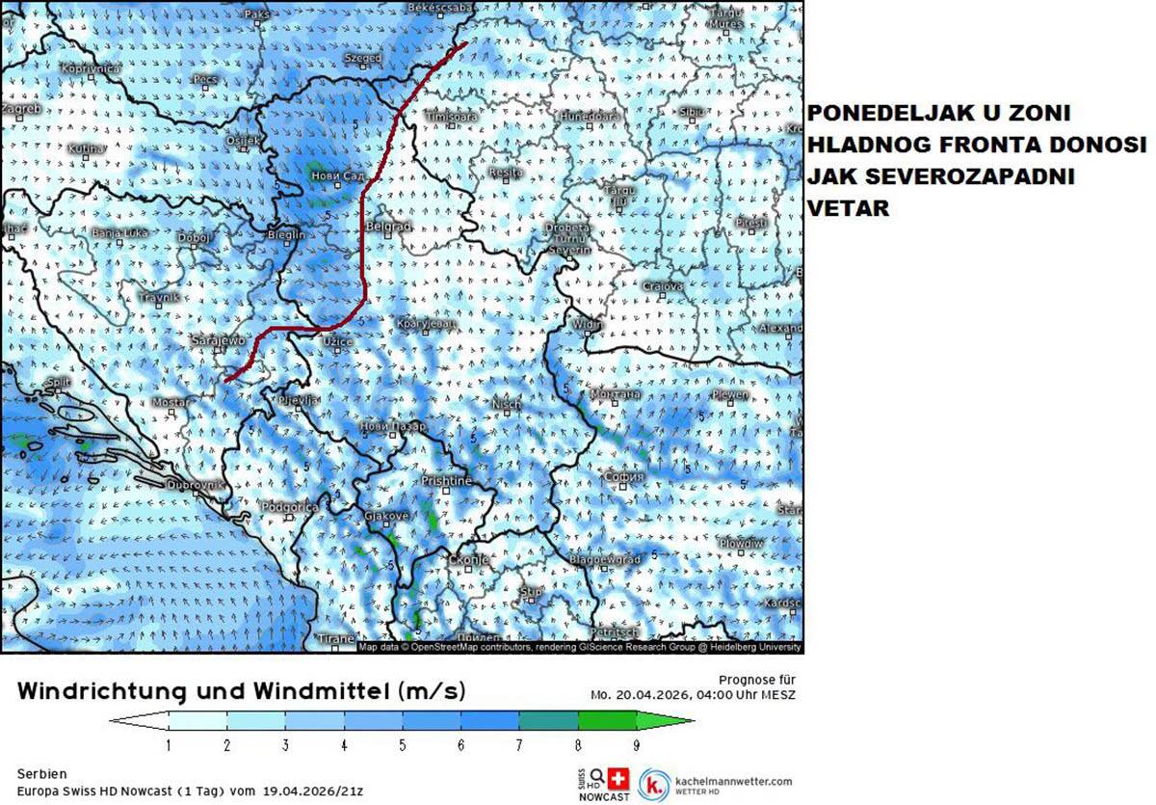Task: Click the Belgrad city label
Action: pos(390,226)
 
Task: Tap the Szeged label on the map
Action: pos(363,59)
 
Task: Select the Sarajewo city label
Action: pos(220,341)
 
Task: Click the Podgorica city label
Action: pos(289,507)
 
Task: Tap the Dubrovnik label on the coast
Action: pos(196,485)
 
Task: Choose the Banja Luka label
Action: pos(120,232)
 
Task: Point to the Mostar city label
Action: pos(171,401)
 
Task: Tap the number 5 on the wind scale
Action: pos(403,744)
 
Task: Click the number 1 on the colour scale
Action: pos(170,744)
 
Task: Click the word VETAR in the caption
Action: pos(849,206)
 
